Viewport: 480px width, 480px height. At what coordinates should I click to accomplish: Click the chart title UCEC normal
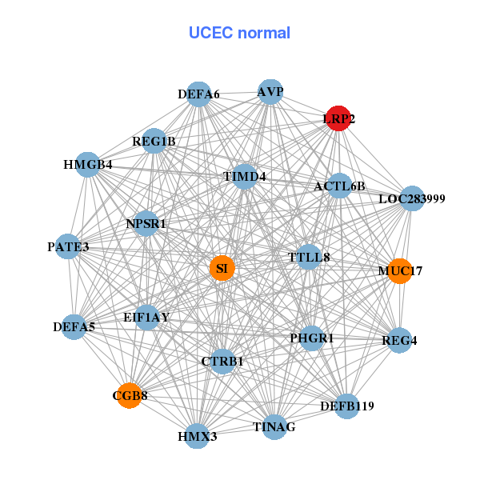pos(239,33)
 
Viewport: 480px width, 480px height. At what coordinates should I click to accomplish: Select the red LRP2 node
pos(338,118)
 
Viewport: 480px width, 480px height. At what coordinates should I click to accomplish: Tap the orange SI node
pos(222,268)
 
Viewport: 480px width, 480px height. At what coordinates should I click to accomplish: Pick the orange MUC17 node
pos(398,271)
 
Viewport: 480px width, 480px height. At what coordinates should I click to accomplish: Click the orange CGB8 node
pos(130,395)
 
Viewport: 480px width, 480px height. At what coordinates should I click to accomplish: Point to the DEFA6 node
pos(199,94)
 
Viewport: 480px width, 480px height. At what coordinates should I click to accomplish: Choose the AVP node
pos(270,92)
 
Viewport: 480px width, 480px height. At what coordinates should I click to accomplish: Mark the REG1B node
pos(154,142)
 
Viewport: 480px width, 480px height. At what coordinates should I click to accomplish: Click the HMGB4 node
pos(87,165)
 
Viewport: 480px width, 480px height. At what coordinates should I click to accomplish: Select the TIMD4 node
pos(245,176)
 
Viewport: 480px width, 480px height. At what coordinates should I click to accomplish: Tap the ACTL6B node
pos(339,186)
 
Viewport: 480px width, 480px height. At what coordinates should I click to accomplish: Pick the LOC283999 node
pos(411,198)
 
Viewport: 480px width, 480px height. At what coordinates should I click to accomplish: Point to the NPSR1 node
pos(146,224)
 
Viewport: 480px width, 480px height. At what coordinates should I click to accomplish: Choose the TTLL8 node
pos(309,257)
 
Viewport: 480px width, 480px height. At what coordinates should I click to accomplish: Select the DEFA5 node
pos(74,326)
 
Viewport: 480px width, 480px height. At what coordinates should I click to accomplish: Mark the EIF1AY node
pos(146,317)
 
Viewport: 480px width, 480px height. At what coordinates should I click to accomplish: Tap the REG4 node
pos(399,341)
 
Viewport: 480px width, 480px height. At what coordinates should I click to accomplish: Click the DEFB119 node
pos(346,406)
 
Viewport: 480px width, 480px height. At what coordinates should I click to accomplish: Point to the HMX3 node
pos(197,437)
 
